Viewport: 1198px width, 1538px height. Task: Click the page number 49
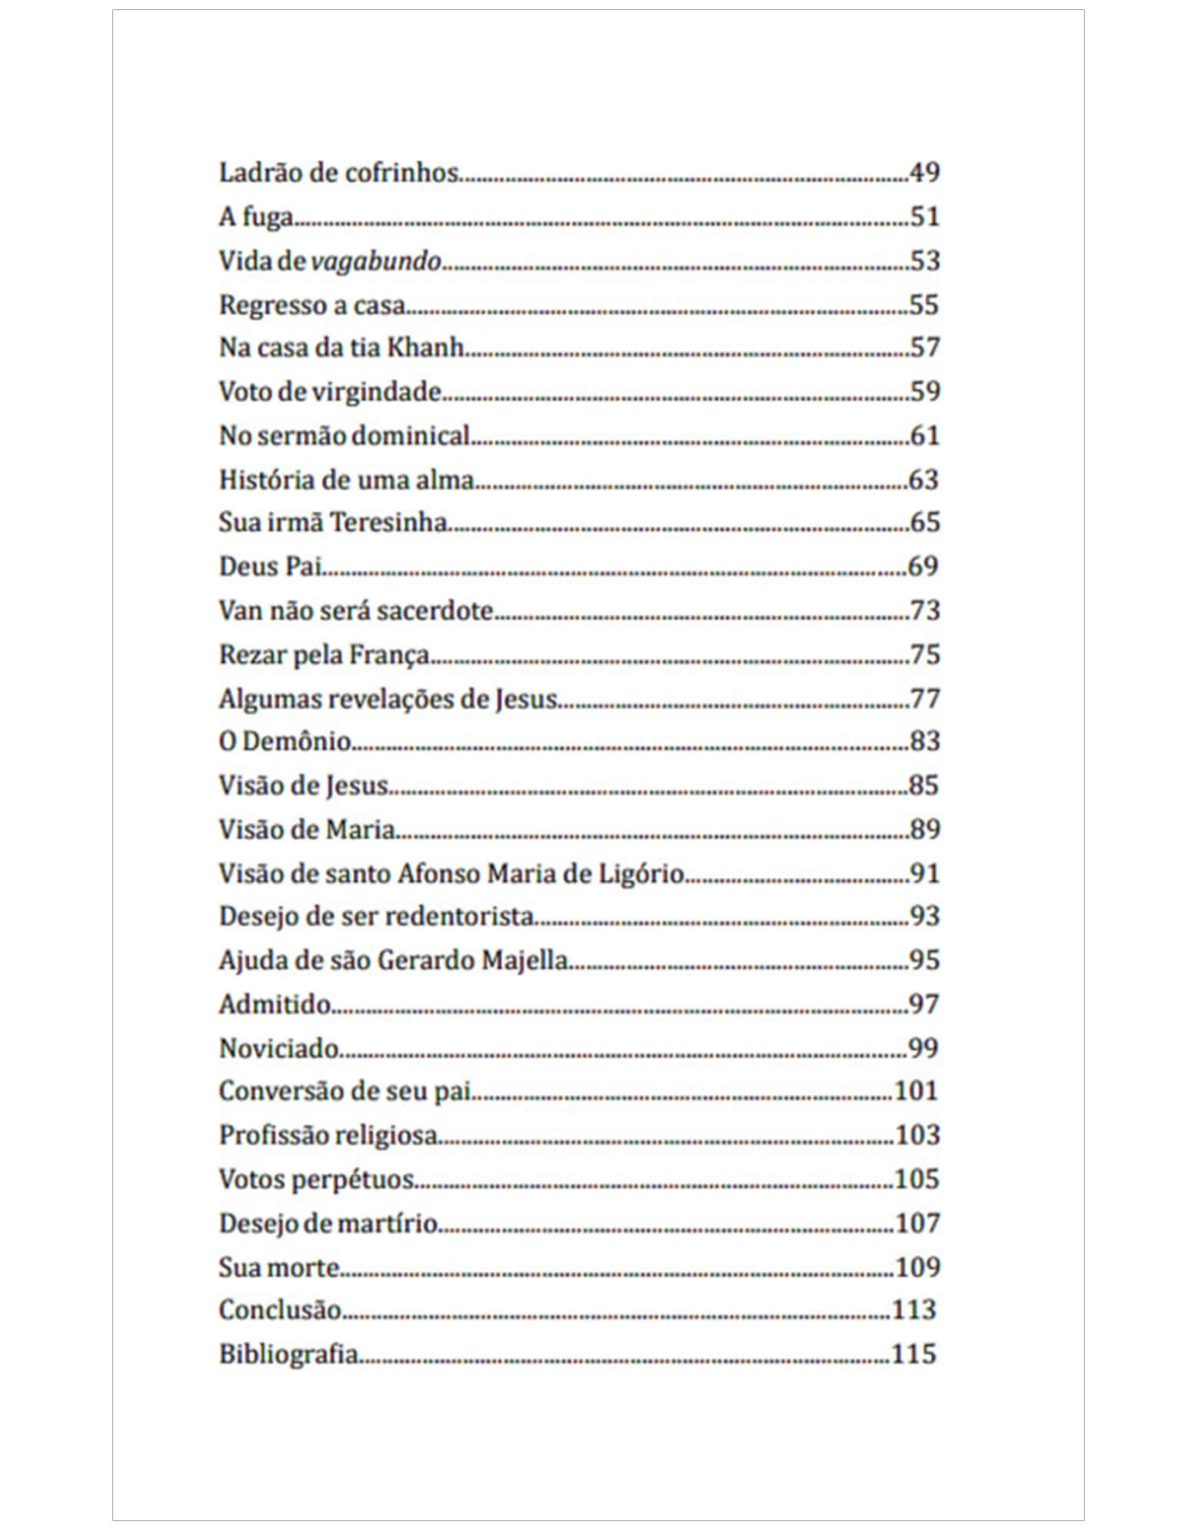click(x=923, y=172)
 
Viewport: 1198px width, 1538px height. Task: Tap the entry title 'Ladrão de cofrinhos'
click(x=338, y=172)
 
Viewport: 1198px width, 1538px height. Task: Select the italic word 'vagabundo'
click(x=376, y=261)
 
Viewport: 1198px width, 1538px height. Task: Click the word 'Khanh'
click(x=424, y=348)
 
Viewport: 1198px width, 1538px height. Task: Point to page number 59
click(x=923, y=391)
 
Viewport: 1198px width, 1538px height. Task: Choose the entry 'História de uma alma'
click(x=346, y=480)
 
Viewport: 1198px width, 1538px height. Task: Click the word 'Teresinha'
click(x=388, y=523)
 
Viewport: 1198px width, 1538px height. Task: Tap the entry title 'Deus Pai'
click(x=269, y=567)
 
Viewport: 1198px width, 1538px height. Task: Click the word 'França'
click(x=389, y=655)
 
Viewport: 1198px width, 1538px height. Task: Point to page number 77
click(x=923, y=699)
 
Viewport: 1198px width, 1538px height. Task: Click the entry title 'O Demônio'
click(x=285, y=741)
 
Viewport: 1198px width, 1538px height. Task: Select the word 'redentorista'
click(x=458, y=917)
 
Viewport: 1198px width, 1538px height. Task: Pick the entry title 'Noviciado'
click(x=278, y=1049)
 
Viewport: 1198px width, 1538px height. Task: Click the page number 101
click(x=916, y=1091)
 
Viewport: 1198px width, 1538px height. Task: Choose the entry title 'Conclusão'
click(x=280, y=1310)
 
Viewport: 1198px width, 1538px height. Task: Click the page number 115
click(x=913, y=1353)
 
